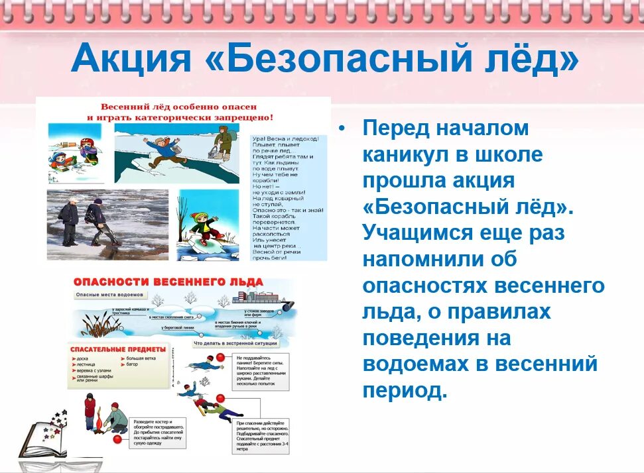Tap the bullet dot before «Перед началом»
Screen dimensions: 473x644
[342, 128]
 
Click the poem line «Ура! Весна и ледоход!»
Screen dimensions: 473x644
[286, 139]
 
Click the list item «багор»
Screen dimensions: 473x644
[131, 364]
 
